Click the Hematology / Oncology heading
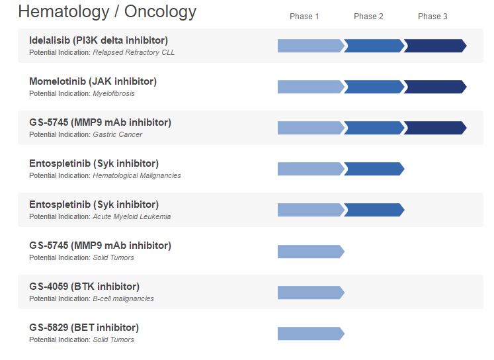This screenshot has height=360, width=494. point(107,12)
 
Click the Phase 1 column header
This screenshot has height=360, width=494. point(304,17)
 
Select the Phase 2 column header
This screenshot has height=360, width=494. point(368,17)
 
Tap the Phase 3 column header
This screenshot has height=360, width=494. point(432,17)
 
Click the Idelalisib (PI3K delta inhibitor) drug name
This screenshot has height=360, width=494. point(99,40)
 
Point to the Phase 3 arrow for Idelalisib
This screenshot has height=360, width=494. point(434,46)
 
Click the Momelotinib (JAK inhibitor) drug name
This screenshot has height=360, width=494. point(93,81)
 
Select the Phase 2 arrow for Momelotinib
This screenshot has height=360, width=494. point(373,87)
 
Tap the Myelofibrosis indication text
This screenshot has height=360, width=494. point(114,93)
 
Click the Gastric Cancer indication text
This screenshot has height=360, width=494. point(118,134)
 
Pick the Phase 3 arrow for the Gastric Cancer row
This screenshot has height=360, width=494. point(434,128)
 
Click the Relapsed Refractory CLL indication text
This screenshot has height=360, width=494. point(134,52)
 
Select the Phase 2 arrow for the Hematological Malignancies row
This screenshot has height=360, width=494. point(373,169)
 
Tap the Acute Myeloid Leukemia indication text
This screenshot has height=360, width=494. point(132,216)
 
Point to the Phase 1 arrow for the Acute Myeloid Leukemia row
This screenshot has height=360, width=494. point(310,210)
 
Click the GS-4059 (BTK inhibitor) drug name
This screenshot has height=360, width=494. point(84,287)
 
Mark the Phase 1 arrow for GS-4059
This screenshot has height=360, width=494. point(310,292)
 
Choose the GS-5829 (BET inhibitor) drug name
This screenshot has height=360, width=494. point(84,328)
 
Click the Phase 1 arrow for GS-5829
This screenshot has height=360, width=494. point(310,333)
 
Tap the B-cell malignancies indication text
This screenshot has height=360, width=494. point(123,298)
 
